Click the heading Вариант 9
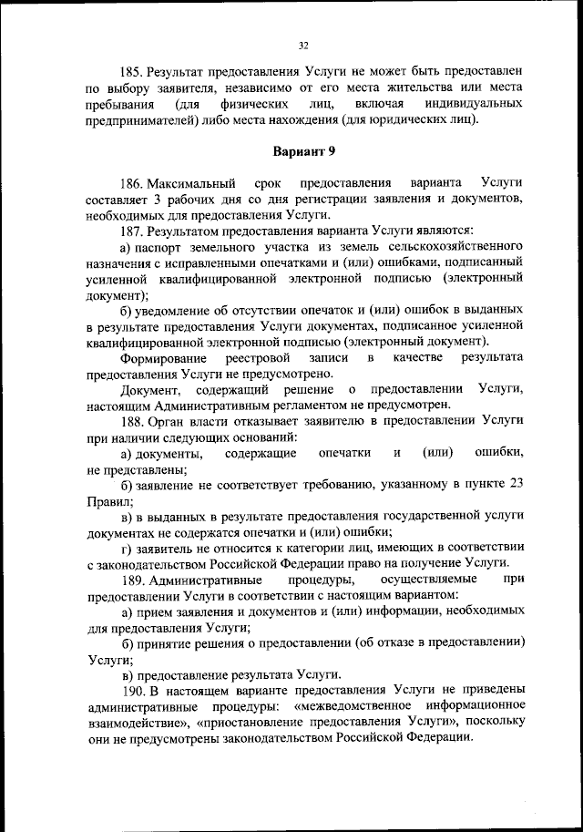[x=304, y=150]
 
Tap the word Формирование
[x=161, y=357]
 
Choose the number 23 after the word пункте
[x=515, y=484]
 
